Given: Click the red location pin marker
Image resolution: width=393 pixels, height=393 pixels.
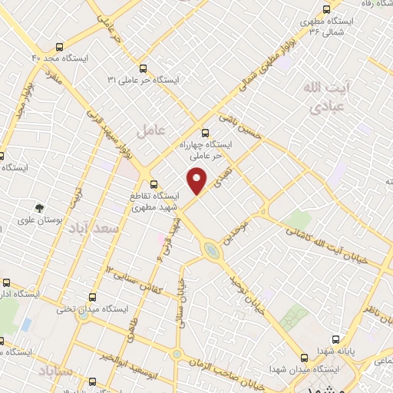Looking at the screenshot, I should pyautogui.click(x=197, y=181).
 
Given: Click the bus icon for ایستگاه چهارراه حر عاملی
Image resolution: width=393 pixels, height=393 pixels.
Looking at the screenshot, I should pyautogui.click(x=205, y=132).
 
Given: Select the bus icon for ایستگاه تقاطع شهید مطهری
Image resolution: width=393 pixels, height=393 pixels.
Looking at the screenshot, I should pyautogui.click(x=154, y=184).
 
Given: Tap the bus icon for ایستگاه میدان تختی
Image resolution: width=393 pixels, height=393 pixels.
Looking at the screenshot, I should pyautogui.click(x=94, y=297).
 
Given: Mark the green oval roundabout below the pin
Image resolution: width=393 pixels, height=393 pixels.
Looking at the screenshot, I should pyautogui.click(x=210, y=249).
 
